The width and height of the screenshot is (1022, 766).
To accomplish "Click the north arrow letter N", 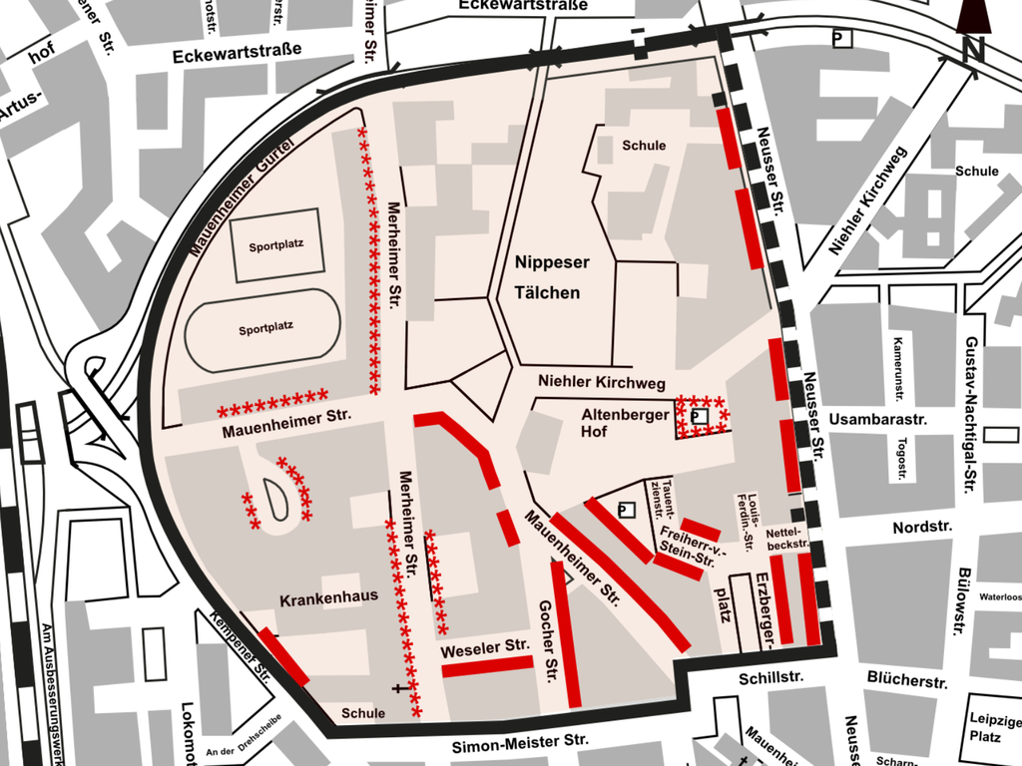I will (x=974, y=47).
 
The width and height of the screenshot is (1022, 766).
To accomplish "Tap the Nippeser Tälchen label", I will (x=551, y=277).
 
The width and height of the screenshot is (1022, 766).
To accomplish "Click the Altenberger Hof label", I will (x=625, y=423).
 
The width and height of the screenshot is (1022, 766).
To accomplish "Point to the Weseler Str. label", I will (x=485, y=647).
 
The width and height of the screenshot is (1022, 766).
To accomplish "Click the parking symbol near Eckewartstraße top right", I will (x=842, y=39).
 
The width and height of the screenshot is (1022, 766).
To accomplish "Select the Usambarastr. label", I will (x=877, y=419).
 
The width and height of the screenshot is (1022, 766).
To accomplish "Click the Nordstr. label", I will (x=922, y=526).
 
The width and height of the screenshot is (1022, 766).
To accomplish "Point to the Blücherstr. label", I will (x=906, y=681).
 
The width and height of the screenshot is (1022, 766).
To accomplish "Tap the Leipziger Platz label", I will (x=994, y=728).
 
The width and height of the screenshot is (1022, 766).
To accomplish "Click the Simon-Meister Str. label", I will (x=520, y=743).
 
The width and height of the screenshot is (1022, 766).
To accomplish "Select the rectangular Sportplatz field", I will (x=276, y=244).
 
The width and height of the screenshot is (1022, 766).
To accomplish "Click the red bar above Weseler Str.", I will (x=488, y=666).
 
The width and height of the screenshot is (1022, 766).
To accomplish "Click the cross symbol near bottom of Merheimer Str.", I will (x=400, y=688).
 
